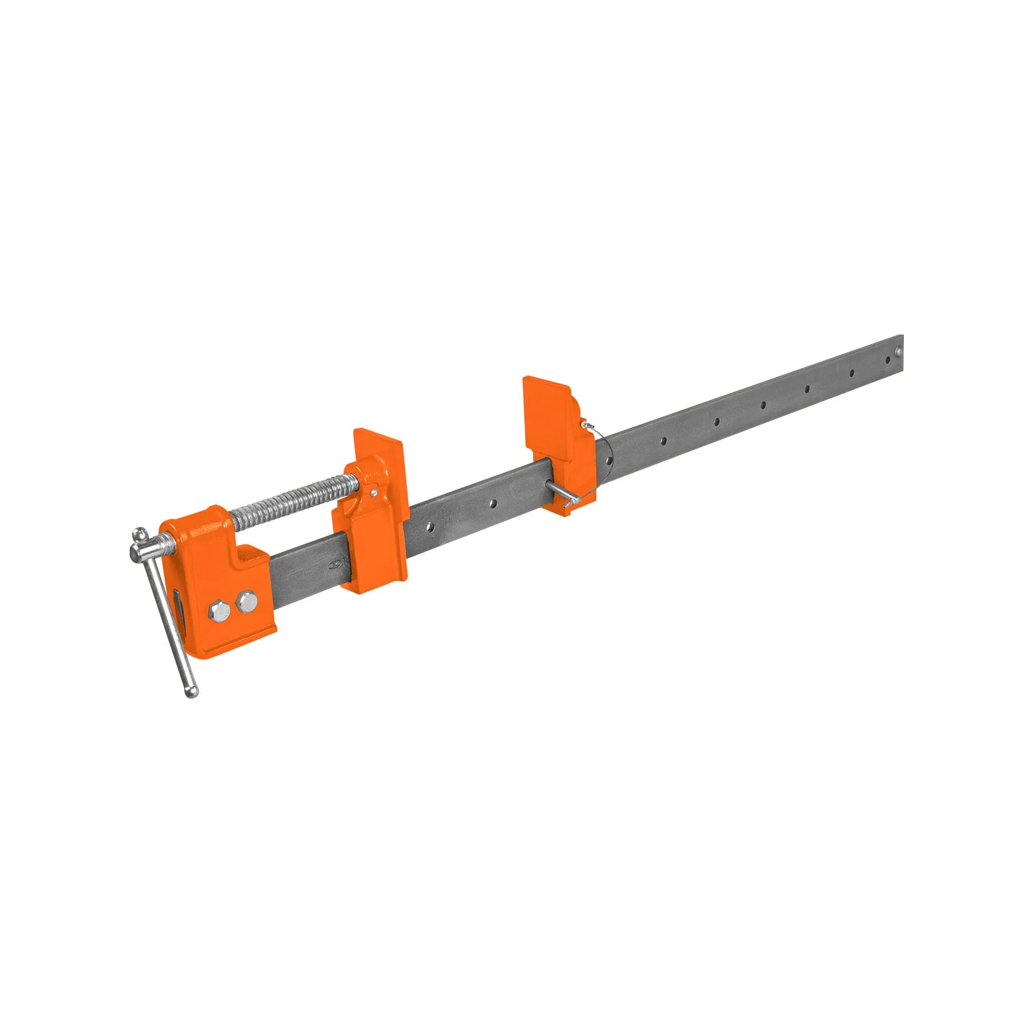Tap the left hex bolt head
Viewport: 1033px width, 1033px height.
point(219,610)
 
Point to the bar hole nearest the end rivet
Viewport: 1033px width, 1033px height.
point(888,360)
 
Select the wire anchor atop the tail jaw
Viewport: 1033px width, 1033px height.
point(586,424)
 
